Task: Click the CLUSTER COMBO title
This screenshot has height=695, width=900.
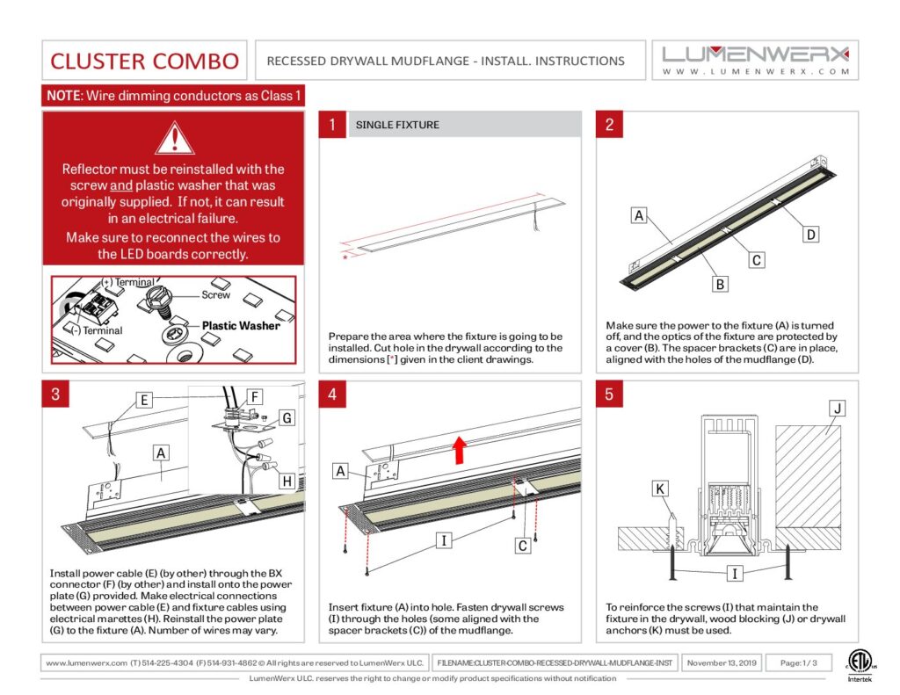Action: [x=144, y=61]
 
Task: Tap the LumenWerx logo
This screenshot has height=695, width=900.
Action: [x=755, y=60]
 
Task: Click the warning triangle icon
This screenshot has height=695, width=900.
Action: [x=173, y=138]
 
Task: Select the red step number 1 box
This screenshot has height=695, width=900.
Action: [x=332, y=125]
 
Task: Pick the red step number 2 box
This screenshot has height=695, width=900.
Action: [x=610, y=125]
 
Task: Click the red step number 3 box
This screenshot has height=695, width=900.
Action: [x=55, y=395]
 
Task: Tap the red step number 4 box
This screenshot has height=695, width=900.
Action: [x=332, y=395]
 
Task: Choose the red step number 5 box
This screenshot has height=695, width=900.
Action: [x=610, y=395]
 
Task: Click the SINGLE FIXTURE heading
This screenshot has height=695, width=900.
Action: [x=397, y=125]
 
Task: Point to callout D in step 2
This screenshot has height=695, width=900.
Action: [x=811, y=235]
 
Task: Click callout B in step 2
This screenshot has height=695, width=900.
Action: [x=719, y=284]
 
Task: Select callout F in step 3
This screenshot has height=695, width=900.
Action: [x=255, y=397]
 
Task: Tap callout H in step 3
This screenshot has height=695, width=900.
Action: [x=287, y=481]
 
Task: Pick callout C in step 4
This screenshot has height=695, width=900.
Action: [x=522, y=546]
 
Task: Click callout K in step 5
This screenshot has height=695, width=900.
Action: [x=661, y=488]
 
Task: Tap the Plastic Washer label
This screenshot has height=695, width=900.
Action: [x=241, y=325]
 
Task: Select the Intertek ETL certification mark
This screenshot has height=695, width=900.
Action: [x=860, y=665]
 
